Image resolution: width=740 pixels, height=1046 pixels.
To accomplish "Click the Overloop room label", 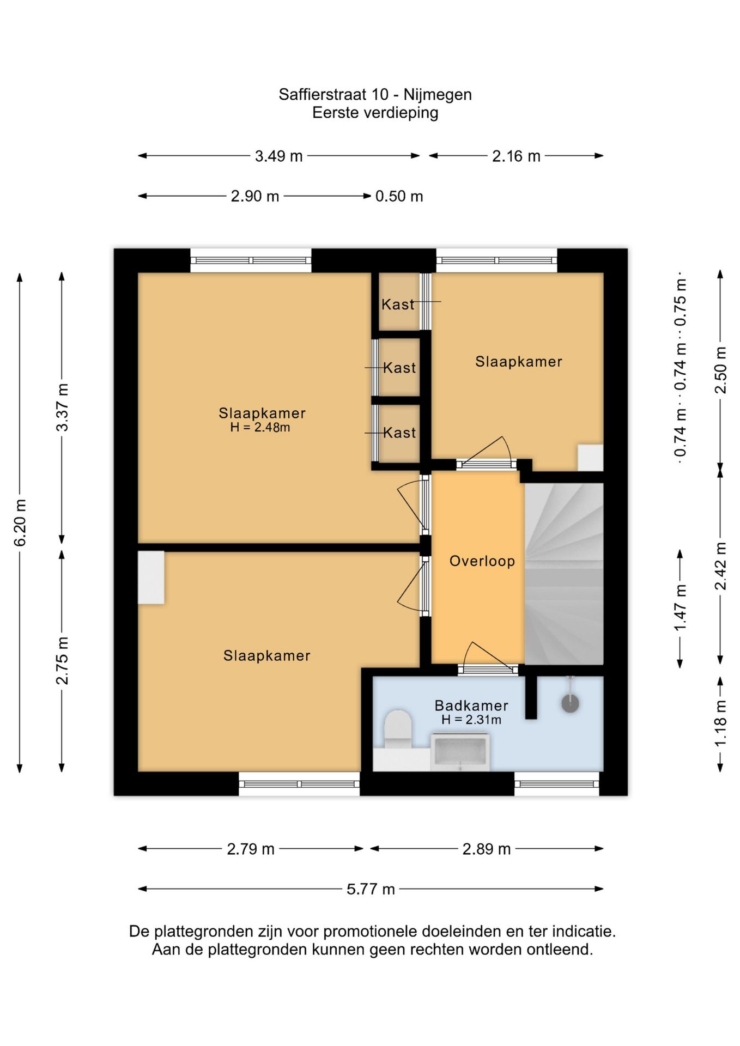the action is coord(482,561).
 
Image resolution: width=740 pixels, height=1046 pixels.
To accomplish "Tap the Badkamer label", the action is coord(471,706).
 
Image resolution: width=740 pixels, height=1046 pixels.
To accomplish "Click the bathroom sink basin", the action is coord(460,752).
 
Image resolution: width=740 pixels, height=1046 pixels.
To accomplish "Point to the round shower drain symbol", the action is coord(570,703).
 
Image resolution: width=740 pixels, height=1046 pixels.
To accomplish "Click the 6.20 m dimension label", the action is coord(20,522).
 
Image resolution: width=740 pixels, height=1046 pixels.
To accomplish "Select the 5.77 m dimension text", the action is coord(371,890).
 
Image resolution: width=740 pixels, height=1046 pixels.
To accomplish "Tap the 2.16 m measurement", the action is coord(516,156).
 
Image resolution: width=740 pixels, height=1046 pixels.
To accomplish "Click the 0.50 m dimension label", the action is coord(399,196).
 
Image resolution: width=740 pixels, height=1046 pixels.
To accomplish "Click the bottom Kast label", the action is coord(399,433).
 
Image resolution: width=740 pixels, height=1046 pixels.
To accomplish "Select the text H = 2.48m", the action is coord(260,428).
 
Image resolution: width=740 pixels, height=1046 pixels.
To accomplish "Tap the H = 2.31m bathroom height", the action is coord(471,720).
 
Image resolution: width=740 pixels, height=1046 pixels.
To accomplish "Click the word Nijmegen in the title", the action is coord(438,95).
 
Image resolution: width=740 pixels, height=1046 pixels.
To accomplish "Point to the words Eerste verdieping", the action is coord(375,113).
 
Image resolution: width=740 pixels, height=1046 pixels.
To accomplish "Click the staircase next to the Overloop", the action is coord(564,574).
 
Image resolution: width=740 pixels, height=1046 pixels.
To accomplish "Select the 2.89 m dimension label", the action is coord(487,849).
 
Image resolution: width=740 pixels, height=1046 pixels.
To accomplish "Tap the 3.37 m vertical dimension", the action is coord(63,408).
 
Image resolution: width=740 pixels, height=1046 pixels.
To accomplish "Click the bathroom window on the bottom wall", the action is coord(557,784).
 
